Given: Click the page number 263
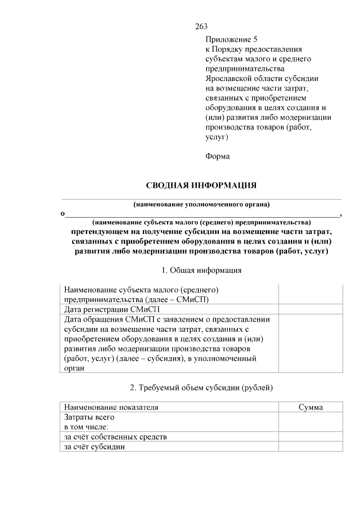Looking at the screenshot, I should (x=201, y=26).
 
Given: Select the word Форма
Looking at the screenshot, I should (x=218, y=156).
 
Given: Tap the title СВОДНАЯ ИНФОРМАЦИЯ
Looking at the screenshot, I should (x=201, y=185).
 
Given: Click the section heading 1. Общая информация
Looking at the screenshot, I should (x=201, y=270).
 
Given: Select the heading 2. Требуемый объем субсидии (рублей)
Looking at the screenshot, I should (x=201, y=388).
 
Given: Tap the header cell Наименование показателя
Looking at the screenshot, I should (x=111, y=407).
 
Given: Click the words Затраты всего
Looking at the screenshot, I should (x=89, y=417).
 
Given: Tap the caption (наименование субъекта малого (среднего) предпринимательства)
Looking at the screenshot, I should (x=201, y=223).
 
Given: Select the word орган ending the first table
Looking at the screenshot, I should (x=74, y=368).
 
